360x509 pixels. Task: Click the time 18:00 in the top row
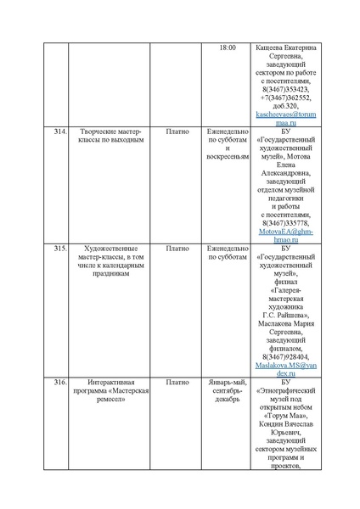[x=228, y=48]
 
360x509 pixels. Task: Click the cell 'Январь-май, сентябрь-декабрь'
[x=228, y=394]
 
